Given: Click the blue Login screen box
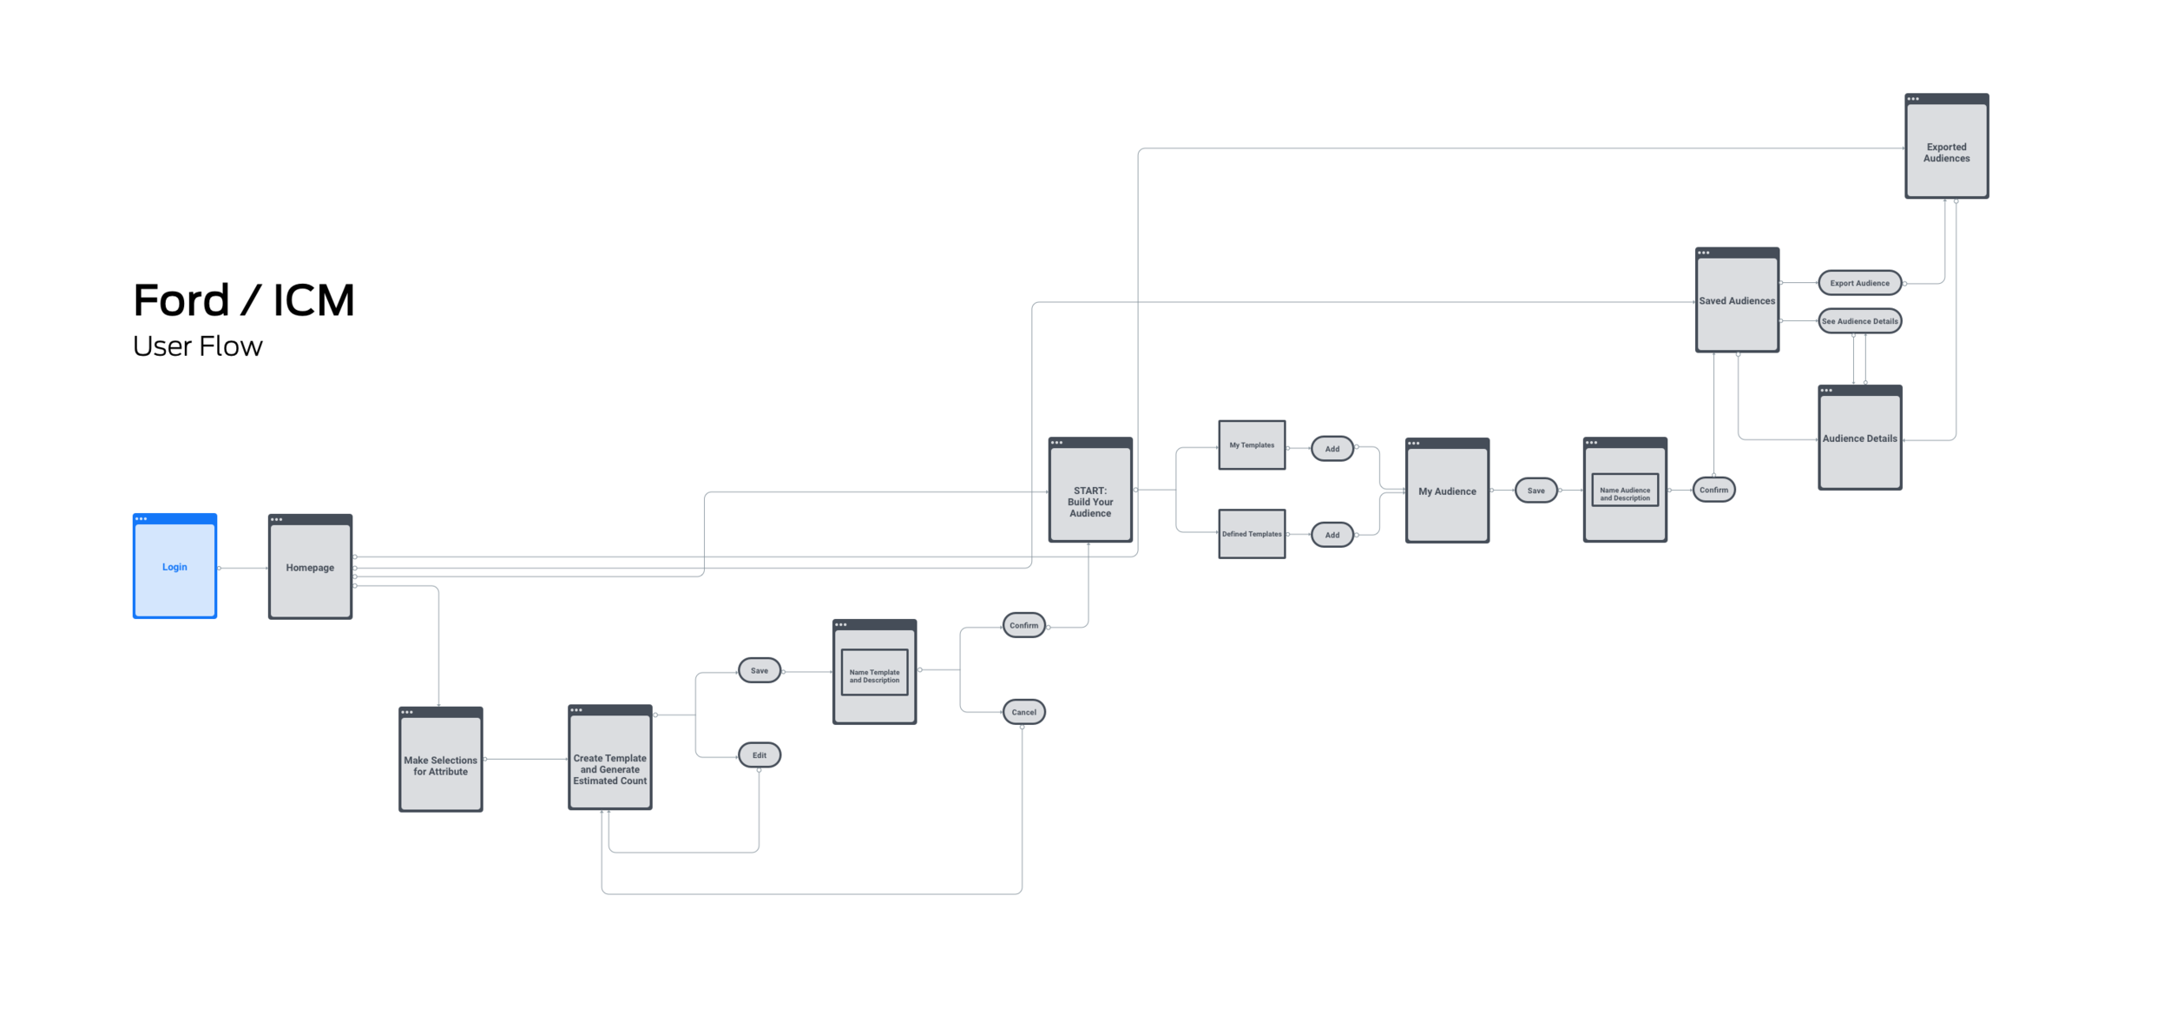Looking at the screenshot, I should point(174,567).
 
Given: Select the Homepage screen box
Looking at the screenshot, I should point(310,568).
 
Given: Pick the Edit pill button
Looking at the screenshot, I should point(759,755).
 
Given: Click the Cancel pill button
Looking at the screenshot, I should point(1023,712).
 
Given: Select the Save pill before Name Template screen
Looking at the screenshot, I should point(759,670).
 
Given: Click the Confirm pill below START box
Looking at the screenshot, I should point(1023,625).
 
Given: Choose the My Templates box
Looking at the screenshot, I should point(1251,445).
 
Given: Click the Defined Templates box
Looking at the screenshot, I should point(1251,534).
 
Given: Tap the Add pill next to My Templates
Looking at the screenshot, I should point(1332,449).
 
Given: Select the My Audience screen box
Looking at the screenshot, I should point(1446,492).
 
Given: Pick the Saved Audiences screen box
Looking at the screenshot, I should point(1736,301).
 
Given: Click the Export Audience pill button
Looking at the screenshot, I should point(1859,283).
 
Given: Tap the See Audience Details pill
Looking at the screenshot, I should point(1859,321).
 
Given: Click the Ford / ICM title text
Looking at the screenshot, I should point(244,300).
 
